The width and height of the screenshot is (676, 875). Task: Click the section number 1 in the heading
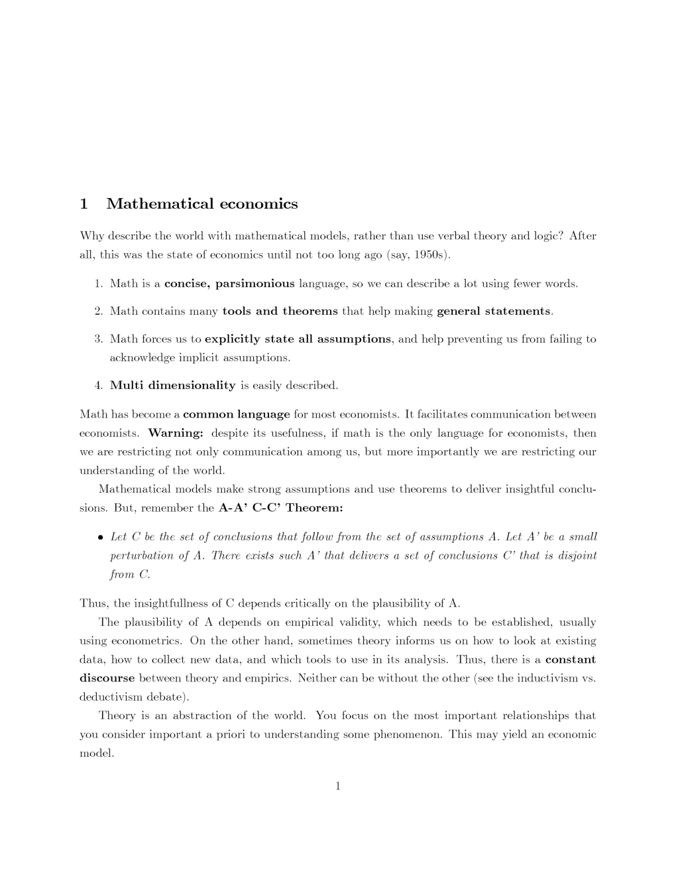(84, 204)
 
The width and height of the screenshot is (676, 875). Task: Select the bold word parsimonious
(255, 284)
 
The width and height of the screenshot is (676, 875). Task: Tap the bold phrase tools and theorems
(280, 311)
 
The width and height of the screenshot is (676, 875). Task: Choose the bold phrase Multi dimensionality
(172, 385)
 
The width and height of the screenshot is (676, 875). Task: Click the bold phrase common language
(237, 415)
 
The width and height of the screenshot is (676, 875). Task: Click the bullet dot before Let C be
(100, 538)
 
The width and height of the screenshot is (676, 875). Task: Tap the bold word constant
(570, 660)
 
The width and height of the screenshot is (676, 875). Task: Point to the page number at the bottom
(338, 787)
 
